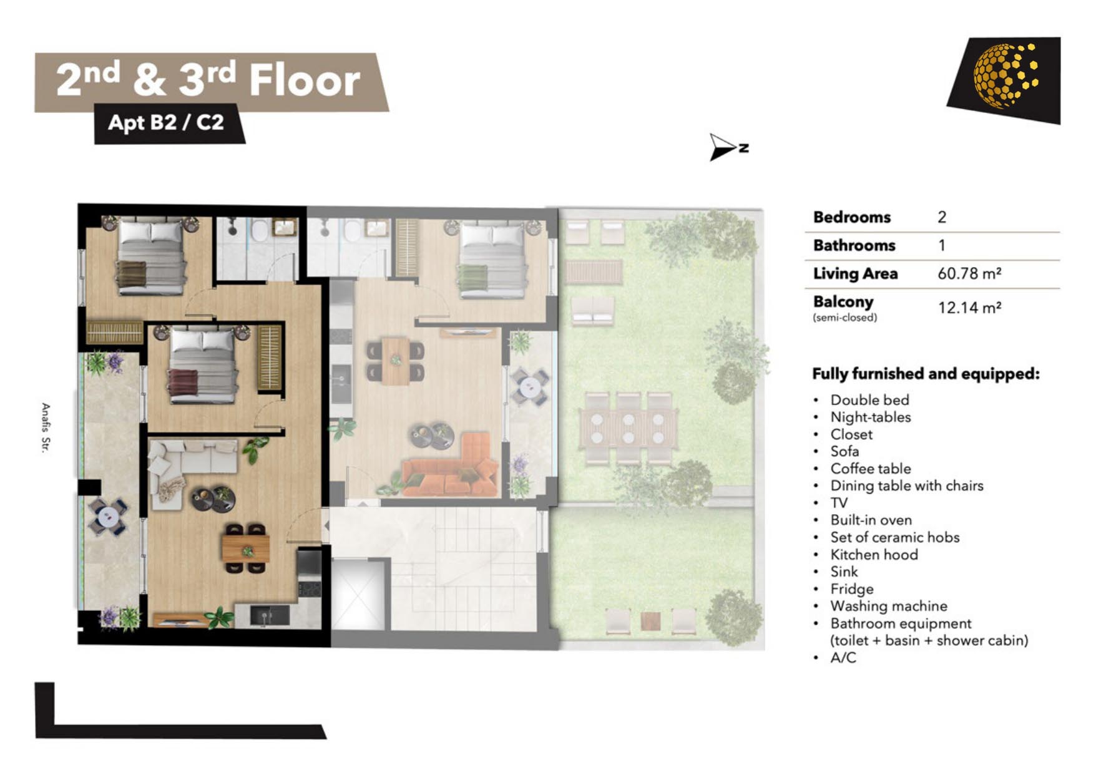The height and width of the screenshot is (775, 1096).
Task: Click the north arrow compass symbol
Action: (728, 147)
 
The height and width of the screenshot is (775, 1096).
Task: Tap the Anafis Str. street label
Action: (46, 427)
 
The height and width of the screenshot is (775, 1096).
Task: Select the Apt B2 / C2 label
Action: (165, 122)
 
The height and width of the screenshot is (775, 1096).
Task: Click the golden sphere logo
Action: (1005, 76)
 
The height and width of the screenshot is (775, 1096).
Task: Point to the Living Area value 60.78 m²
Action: (969, 273)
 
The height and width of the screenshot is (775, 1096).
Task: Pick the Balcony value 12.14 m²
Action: (969, 308)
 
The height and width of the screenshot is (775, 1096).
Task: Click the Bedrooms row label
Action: (852, 217)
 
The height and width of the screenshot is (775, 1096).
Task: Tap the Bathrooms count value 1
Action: (942, 245)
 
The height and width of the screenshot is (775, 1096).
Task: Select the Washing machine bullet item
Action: (889, 606)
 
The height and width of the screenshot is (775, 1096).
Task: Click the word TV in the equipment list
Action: (839, 503)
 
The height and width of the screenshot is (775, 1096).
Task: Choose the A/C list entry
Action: (843, 658)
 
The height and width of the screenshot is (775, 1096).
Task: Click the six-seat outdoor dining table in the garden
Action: (628, 428)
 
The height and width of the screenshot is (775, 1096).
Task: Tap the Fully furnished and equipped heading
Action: (926, 374)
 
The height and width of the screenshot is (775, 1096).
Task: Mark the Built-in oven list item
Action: (871, 520)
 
